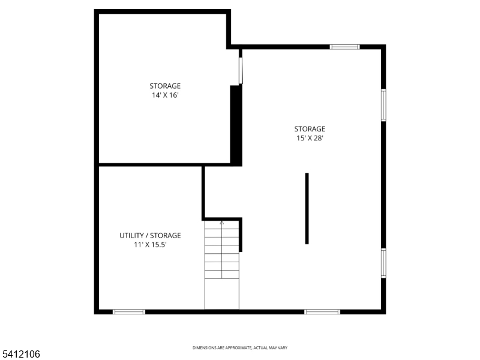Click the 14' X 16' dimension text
[x=165, y=95]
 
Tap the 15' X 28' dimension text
[x=310, y=138]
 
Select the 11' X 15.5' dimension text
[x=150, y=245]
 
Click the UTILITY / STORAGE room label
[x=150, y=236]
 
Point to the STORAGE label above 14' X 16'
[x=165, y=86]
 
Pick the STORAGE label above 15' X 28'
[x=310, y=129]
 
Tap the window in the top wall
[x=345, y=47]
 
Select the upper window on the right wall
[x=383, y=105]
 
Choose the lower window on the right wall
[x=383, y=263]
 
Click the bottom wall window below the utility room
[x=129, y=311]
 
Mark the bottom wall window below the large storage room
[x=322, y=311]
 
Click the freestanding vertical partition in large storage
[x=307, y=208]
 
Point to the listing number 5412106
[x=20, y=355]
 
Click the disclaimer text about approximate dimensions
[x=240, y=348]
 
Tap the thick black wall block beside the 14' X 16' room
[x=236, y=125]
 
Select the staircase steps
[x=222, y=252]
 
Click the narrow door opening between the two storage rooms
[x=241, y=70]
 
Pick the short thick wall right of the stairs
[x=241, y=235]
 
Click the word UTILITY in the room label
[x=131, y=236]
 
